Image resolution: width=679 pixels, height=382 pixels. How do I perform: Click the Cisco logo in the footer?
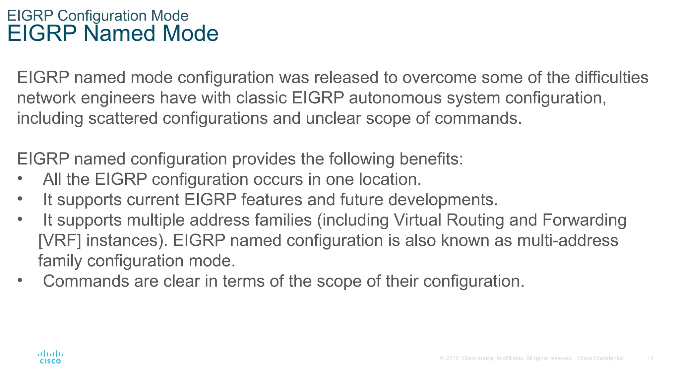point(50,357)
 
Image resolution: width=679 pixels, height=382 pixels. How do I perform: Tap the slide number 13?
point(650,358)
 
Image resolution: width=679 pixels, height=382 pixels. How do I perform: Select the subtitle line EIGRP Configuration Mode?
point(98,16)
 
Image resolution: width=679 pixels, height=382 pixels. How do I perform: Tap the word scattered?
point(123,118)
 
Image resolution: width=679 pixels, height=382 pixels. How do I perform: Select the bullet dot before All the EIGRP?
point(20,179)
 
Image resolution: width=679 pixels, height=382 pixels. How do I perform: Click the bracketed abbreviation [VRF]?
point(60,240)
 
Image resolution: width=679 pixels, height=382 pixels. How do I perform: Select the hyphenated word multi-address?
point(567,240)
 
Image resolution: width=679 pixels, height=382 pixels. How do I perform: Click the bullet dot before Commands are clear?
point(20,281)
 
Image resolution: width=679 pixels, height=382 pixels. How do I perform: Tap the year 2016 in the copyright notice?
point(452,358)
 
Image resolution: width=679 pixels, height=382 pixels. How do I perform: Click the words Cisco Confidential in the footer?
point(600,358)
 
